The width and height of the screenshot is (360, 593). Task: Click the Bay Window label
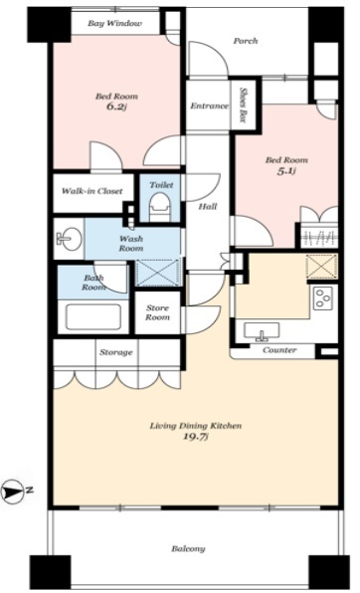click(x=115, y=24)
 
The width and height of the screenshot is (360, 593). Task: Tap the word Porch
click(x=245, y=41)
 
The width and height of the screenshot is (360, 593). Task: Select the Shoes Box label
click(x=244, y=105)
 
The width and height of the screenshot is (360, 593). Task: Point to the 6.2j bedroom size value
click(x=116, y=106)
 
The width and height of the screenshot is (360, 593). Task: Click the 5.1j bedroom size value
click(x=286, y=171)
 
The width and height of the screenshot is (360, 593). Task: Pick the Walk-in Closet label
click(x=91, y=191)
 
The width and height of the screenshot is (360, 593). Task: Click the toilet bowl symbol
click(x=160, y=206)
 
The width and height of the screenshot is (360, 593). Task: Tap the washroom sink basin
click(x=70, y=239)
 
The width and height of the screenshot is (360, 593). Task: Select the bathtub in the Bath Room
click(x=93, y=317)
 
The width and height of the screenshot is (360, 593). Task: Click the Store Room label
click(x=157, y=312)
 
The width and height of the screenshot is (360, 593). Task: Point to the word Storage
click(x=116, y=352)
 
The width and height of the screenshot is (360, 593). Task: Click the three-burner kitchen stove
click(x=323, y=297)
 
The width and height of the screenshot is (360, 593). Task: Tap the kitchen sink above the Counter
click(x=262, y=331)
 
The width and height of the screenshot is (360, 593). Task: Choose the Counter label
click(x=279, y=350)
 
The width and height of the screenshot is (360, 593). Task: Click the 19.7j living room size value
click(x=196, y=437)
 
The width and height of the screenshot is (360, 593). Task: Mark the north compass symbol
click(x=12, y=492)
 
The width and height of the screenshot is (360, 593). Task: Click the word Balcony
click(x=188, y=549)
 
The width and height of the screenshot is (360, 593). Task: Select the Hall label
click(x=208, y=207)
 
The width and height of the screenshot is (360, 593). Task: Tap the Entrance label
click(x=209, y=106)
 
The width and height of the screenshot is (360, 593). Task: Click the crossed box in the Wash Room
click(x=158, y=272)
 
